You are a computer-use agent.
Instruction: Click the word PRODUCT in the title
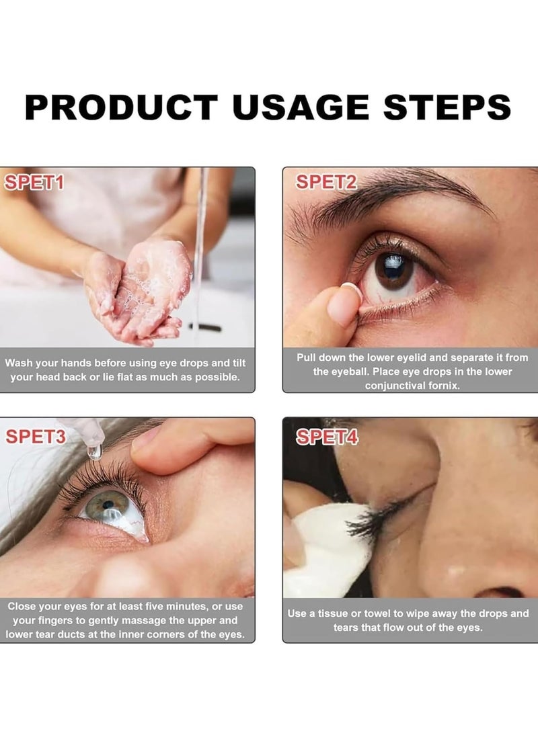[x=122, y=108]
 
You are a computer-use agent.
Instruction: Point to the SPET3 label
[x=36, y=437]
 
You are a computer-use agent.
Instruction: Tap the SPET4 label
[x=327, y=437]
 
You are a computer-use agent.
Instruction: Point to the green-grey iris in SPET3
[x=107, y=505]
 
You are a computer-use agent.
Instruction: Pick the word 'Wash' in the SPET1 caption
[x=19, y=363]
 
